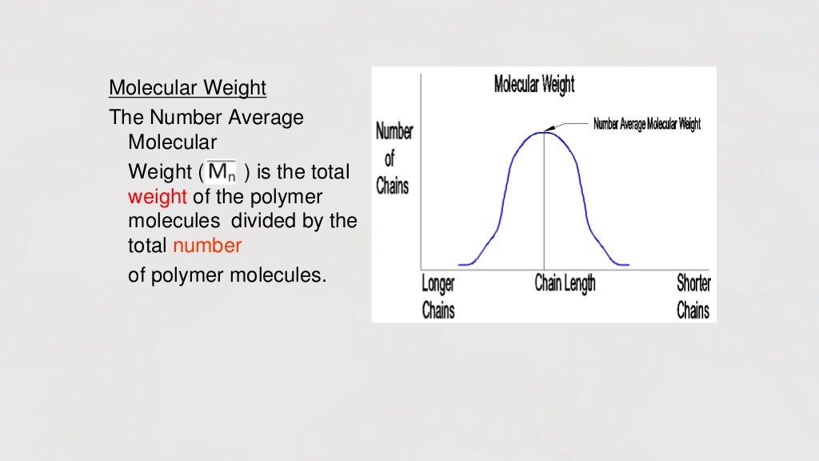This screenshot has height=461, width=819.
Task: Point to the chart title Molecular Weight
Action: click(534, 84)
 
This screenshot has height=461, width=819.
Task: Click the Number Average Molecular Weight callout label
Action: click(647, 124)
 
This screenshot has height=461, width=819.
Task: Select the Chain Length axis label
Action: click(565, 283)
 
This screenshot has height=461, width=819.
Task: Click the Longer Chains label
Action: click(438, 296)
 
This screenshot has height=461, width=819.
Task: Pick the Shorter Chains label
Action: click(693, 296)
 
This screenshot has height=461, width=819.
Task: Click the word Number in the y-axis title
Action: click(394, 132)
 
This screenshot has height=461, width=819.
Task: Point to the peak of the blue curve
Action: click(544, 132)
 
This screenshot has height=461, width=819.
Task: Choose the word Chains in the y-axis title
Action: click(393, 186)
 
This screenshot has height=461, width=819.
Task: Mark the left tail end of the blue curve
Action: click(461, 264)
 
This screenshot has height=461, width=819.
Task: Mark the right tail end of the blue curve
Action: click(628, 264)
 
